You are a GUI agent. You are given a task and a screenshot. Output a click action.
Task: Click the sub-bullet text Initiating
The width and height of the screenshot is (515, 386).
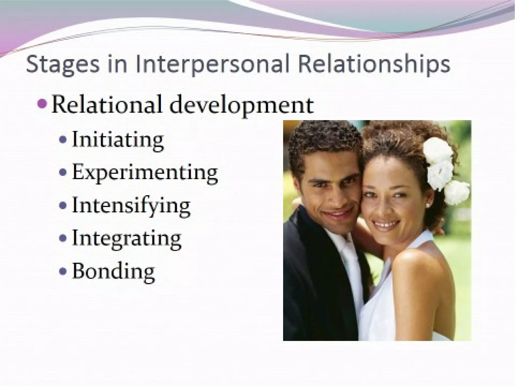pyautogui.click(x=118, y=140)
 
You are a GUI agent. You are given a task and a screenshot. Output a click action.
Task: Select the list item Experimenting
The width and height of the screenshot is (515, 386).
pyautogui.click(x=145, y=173)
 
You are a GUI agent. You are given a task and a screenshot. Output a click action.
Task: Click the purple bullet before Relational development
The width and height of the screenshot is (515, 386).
pyautogui.click(x=42, y=103)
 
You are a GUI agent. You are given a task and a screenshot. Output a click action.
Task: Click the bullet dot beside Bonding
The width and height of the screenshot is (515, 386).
pyautogui.click(x=63, y=271)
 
